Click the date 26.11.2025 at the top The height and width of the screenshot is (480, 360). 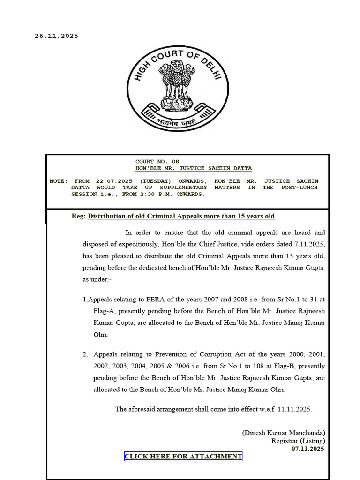click(56, 36)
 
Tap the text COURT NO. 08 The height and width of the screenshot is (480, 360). click(157, 162)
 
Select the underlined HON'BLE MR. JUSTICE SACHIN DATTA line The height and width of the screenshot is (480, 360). click(193, 168)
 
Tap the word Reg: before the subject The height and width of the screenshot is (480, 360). click(79, 216)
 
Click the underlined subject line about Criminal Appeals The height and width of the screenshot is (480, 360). click(181, 216)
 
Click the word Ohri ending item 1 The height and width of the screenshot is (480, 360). click(101, 335)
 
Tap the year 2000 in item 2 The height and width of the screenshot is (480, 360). click(288, 354)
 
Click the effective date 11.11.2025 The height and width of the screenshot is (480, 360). click(294, 409)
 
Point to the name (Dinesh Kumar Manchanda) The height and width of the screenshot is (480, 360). click(284, 433)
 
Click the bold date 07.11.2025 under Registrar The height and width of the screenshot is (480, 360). click(307, 449)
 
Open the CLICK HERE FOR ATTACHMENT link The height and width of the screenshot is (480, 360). click(183, 457)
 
